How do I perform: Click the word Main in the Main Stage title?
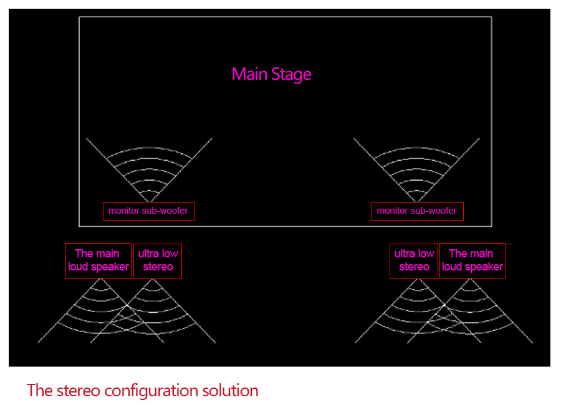pos(249,74)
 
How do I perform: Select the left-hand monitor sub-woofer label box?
pos(149,211)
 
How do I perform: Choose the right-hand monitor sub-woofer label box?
pos(418,211)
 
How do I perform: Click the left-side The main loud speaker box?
pos(98,261)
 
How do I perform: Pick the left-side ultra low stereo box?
pos(158,261)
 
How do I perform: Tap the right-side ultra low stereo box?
pos(414,261)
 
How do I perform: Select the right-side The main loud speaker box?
pos(472,261)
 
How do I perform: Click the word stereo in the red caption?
pos(79,390)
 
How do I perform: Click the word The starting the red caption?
pos(40,390)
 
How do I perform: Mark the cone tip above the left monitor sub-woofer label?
pos(150,202)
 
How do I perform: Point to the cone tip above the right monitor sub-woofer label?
pos(416,202)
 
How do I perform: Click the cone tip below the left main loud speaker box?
pos(100,279)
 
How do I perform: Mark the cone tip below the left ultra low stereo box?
pos(153,279)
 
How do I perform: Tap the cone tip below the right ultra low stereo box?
pos(418,279)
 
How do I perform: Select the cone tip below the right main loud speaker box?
pos(470,279)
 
